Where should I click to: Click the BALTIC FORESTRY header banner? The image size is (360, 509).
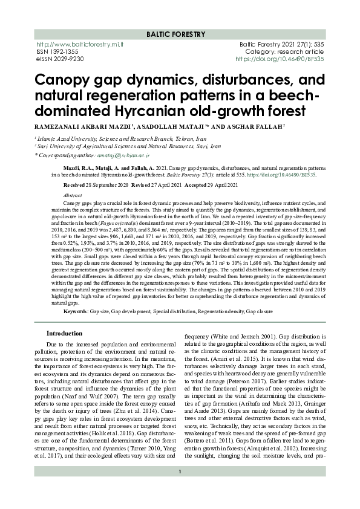[x=180, y=34]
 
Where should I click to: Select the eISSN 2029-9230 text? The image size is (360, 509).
[x=60, y=59]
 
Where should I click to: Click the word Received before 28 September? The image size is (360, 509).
[x=74, y=184]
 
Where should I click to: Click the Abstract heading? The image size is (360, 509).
[x=72, y=196]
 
